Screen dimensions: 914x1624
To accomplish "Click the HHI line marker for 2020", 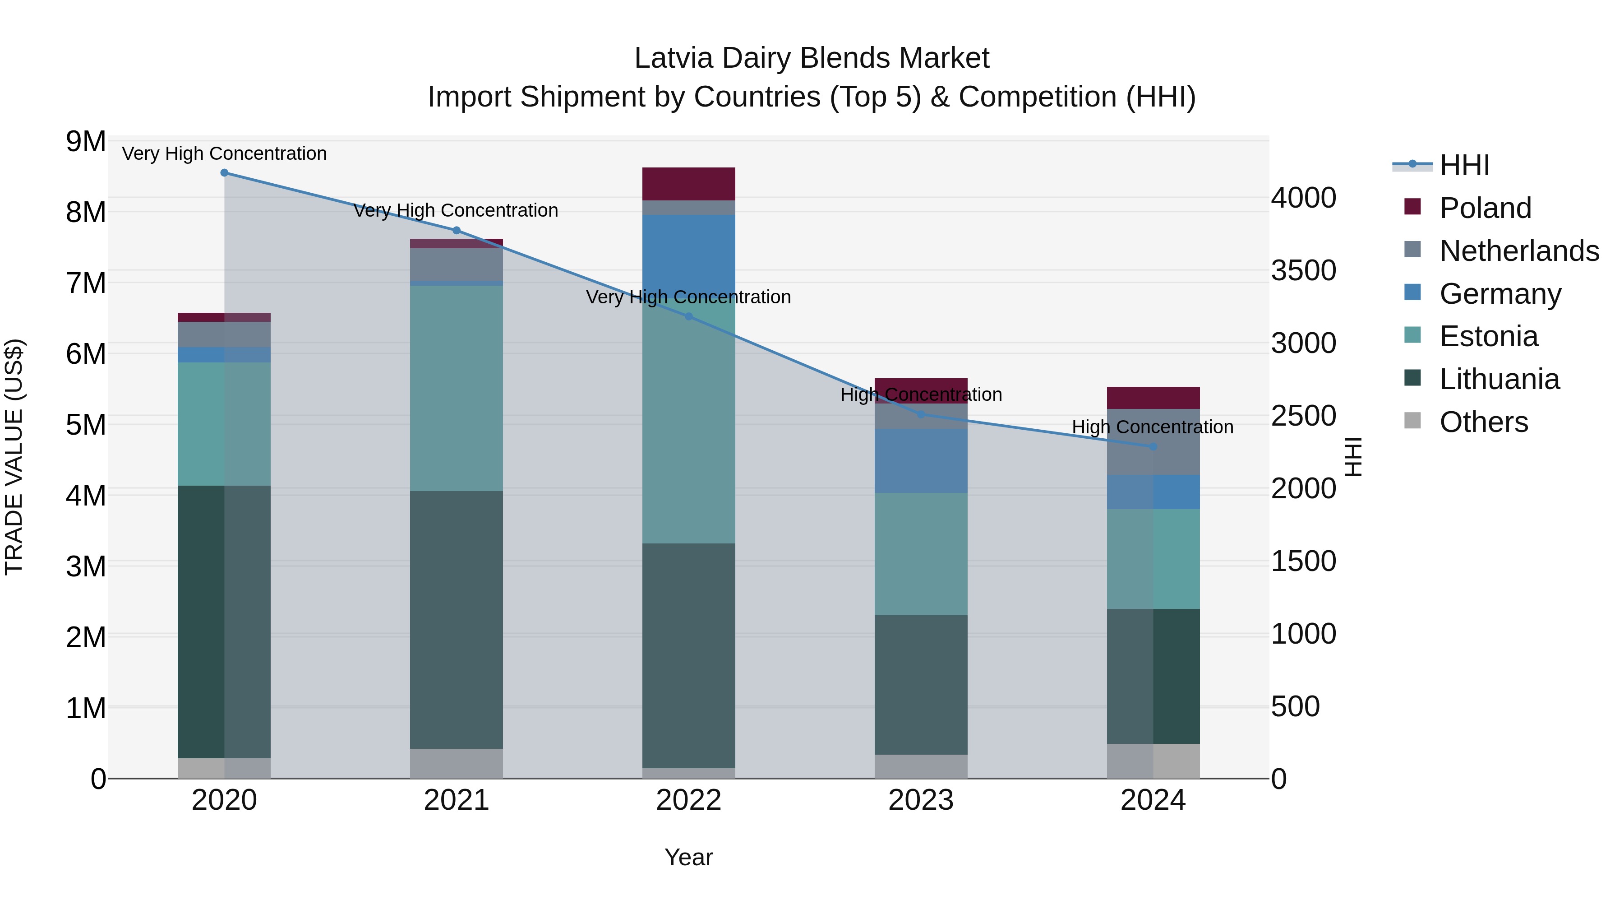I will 225,173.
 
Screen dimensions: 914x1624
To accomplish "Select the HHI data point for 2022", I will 688,317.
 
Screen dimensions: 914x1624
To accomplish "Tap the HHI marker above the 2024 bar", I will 1153,446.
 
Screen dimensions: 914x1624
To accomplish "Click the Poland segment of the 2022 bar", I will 688,184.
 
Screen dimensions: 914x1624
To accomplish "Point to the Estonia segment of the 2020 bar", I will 225,424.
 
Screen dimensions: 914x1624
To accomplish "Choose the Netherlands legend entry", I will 1519,251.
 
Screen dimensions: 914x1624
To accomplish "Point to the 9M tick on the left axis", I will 86,142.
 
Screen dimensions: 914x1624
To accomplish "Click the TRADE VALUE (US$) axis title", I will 14,457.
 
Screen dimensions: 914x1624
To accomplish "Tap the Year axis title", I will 688,857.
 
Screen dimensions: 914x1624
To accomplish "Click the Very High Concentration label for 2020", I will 225,154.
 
